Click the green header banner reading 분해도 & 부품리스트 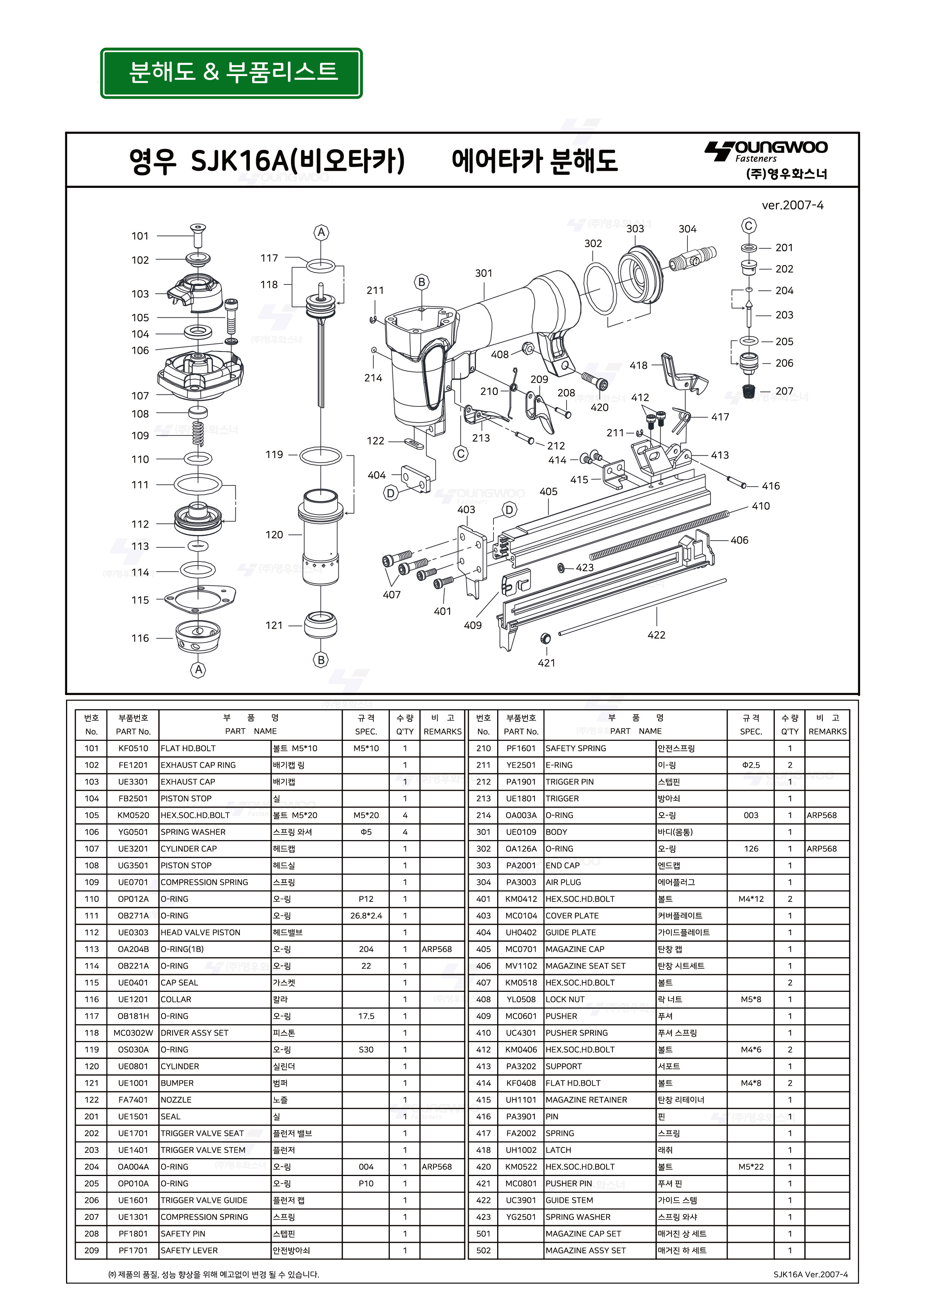click(231, 73)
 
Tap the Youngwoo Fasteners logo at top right click(766, 151)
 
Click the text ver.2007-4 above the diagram click(792, 205)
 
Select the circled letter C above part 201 click(749, 226)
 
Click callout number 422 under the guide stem click(656, 635)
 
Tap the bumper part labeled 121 click(320, 625)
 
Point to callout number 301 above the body click(483, 273)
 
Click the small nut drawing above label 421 click(545, 638)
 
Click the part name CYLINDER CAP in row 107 click(189, 848)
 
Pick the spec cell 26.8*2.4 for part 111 click(366, 915)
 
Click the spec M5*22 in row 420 click(750, 1167)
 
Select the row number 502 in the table click(483, 1251)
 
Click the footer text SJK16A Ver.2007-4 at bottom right click(810, 1274)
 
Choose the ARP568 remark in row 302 click(821, 848)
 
